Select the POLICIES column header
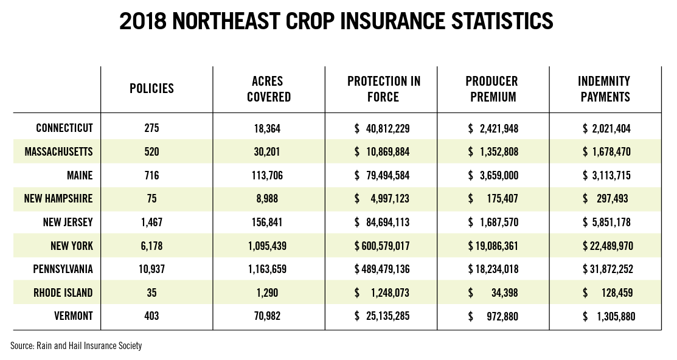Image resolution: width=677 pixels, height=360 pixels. pos(151,89)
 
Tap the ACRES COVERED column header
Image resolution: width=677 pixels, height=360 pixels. pos(268,89)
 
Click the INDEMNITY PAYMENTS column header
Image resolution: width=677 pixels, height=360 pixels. pos(605,89)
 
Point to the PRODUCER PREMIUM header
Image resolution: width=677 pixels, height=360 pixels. pos(491,89)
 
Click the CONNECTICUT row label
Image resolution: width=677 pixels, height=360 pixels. pos(64,128)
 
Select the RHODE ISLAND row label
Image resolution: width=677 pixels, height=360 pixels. pos(63,292)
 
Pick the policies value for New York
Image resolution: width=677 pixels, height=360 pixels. pos(151,246)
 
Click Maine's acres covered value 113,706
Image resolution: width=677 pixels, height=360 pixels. pos(268,176)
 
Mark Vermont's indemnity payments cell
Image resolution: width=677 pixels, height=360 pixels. pos(608,316)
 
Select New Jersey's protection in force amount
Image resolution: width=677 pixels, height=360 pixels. pos(382,223)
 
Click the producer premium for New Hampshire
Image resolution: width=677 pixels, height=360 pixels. pos(493,199)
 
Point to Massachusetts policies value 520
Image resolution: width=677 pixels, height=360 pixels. pos(151,152)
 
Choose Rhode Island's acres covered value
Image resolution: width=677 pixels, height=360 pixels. pos(268,292)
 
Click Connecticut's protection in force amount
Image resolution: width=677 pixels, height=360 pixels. pos(382,128)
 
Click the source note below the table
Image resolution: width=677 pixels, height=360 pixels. pos(76,345)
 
